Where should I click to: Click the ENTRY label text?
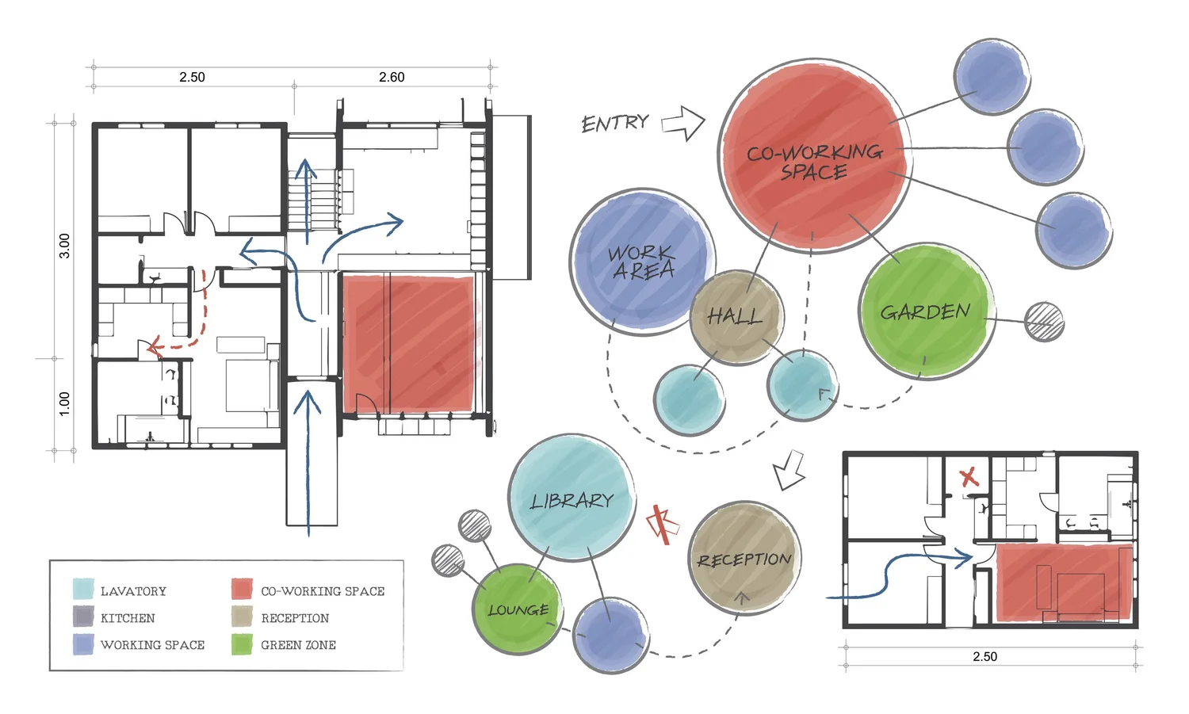point(614,124)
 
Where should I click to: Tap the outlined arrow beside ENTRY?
point(683,123)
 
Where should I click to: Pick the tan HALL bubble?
point(736,317)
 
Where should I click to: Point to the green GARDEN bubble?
point(926,311)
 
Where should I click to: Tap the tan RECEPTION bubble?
point(744,559)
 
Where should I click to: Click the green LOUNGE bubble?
point(518,609)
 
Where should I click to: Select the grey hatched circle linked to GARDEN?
point(1044,322)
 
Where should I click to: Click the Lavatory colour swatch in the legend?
point(83,590)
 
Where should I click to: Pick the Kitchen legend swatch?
point(83,617)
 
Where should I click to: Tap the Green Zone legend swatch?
point(242,644)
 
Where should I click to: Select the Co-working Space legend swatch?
point(242,590)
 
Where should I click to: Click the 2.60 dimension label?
point(392,77)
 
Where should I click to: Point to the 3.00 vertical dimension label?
point(64,246)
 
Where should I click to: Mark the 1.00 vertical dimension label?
point(64,403)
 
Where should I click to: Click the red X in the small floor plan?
point(969,477)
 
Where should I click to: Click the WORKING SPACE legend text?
point(152,645)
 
